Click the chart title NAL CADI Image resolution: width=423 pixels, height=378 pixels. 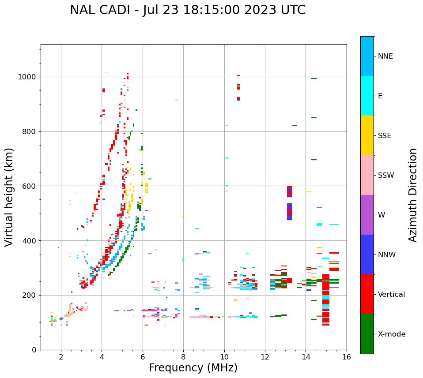tap(187, 10)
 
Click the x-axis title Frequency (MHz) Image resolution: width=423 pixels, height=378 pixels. tap(193, 368)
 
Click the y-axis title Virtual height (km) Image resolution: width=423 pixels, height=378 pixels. tap(9, 197)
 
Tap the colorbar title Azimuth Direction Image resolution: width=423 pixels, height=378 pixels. tap(413, 195)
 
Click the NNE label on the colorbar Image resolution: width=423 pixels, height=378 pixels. tap(385, 56)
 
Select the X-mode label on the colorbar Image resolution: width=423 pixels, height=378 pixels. tap(392, 334)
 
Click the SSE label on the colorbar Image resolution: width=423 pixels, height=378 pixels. tap(385, 136)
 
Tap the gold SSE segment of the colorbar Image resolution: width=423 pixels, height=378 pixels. tap(367, 135)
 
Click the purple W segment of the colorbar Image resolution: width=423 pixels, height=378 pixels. tap(367, 215)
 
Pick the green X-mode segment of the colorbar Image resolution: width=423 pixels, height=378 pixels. tap(367, 334)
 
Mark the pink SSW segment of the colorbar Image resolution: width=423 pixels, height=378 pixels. tap(367, 175)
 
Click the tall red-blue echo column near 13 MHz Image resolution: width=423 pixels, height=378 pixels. tap(289, 203)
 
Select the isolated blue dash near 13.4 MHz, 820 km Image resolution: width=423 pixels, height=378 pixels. tap(295, 125)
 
